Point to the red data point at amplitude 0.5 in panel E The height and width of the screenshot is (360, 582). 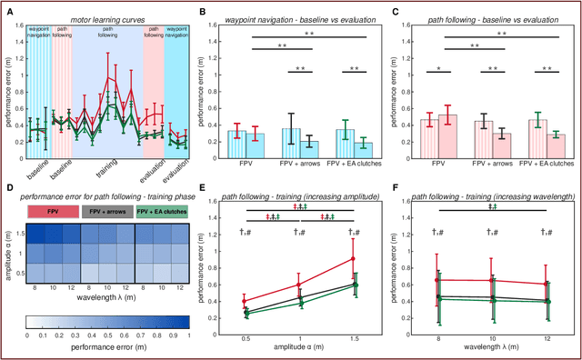pos(244,300)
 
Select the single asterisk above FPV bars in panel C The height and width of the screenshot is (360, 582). pos(439,68)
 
